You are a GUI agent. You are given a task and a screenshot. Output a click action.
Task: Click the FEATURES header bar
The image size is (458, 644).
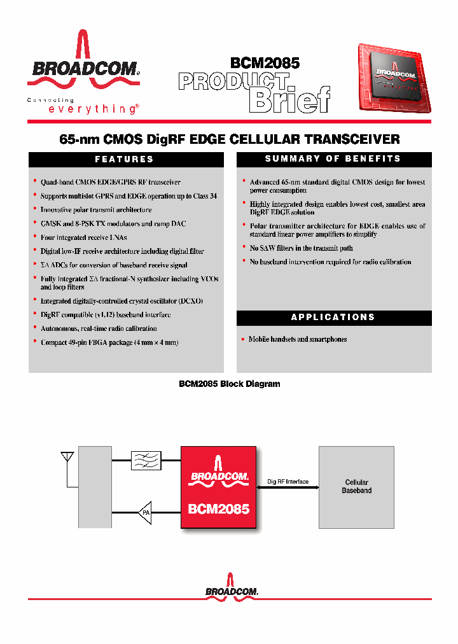click(x=126, y=159)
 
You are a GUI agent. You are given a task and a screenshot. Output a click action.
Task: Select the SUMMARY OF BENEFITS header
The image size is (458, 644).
click(x=333, y=159)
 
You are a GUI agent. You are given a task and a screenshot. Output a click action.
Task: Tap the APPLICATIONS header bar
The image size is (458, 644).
click(x=333, y=317)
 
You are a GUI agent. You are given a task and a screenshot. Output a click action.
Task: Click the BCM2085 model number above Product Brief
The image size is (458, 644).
click(x=265, y=63)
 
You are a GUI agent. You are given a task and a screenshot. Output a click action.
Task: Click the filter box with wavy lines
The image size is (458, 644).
click(x=146, y=460)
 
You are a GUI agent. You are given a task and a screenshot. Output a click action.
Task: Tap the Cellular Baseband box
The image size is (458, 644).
click(x=356, y=487)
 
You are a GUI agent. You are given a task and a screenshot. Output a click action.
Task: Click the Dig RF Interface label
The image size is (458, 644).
click(x=288, y=482)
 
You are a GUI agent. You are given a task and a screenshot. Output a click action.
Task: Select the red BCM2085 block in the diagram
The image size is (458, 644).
click(x=218, y=487)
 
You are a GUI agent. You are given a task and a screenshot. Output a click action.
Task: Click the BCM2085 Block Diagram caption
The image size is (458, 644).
click(x=229, y=384)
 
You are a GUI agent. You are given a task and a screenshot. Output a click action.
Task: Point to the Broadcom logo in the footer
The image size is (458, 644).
click(x=232, y=587)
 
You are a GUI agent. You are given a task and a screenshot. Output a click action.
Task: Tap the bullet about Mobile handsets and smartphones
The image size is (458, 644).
click(x=297, y=339)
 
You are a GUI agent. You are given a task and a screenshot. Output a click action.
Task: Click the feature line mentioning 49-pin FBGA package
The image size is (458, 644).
click(x=109, y=342)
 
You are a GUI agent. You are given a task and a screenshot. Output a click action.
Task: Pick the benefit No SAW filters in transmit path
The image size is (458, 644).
click(x=301, y=248)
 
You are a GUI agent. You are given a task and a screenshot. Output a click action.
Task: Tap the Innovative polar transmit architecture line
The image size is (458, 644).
click(x=96, y=210)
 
